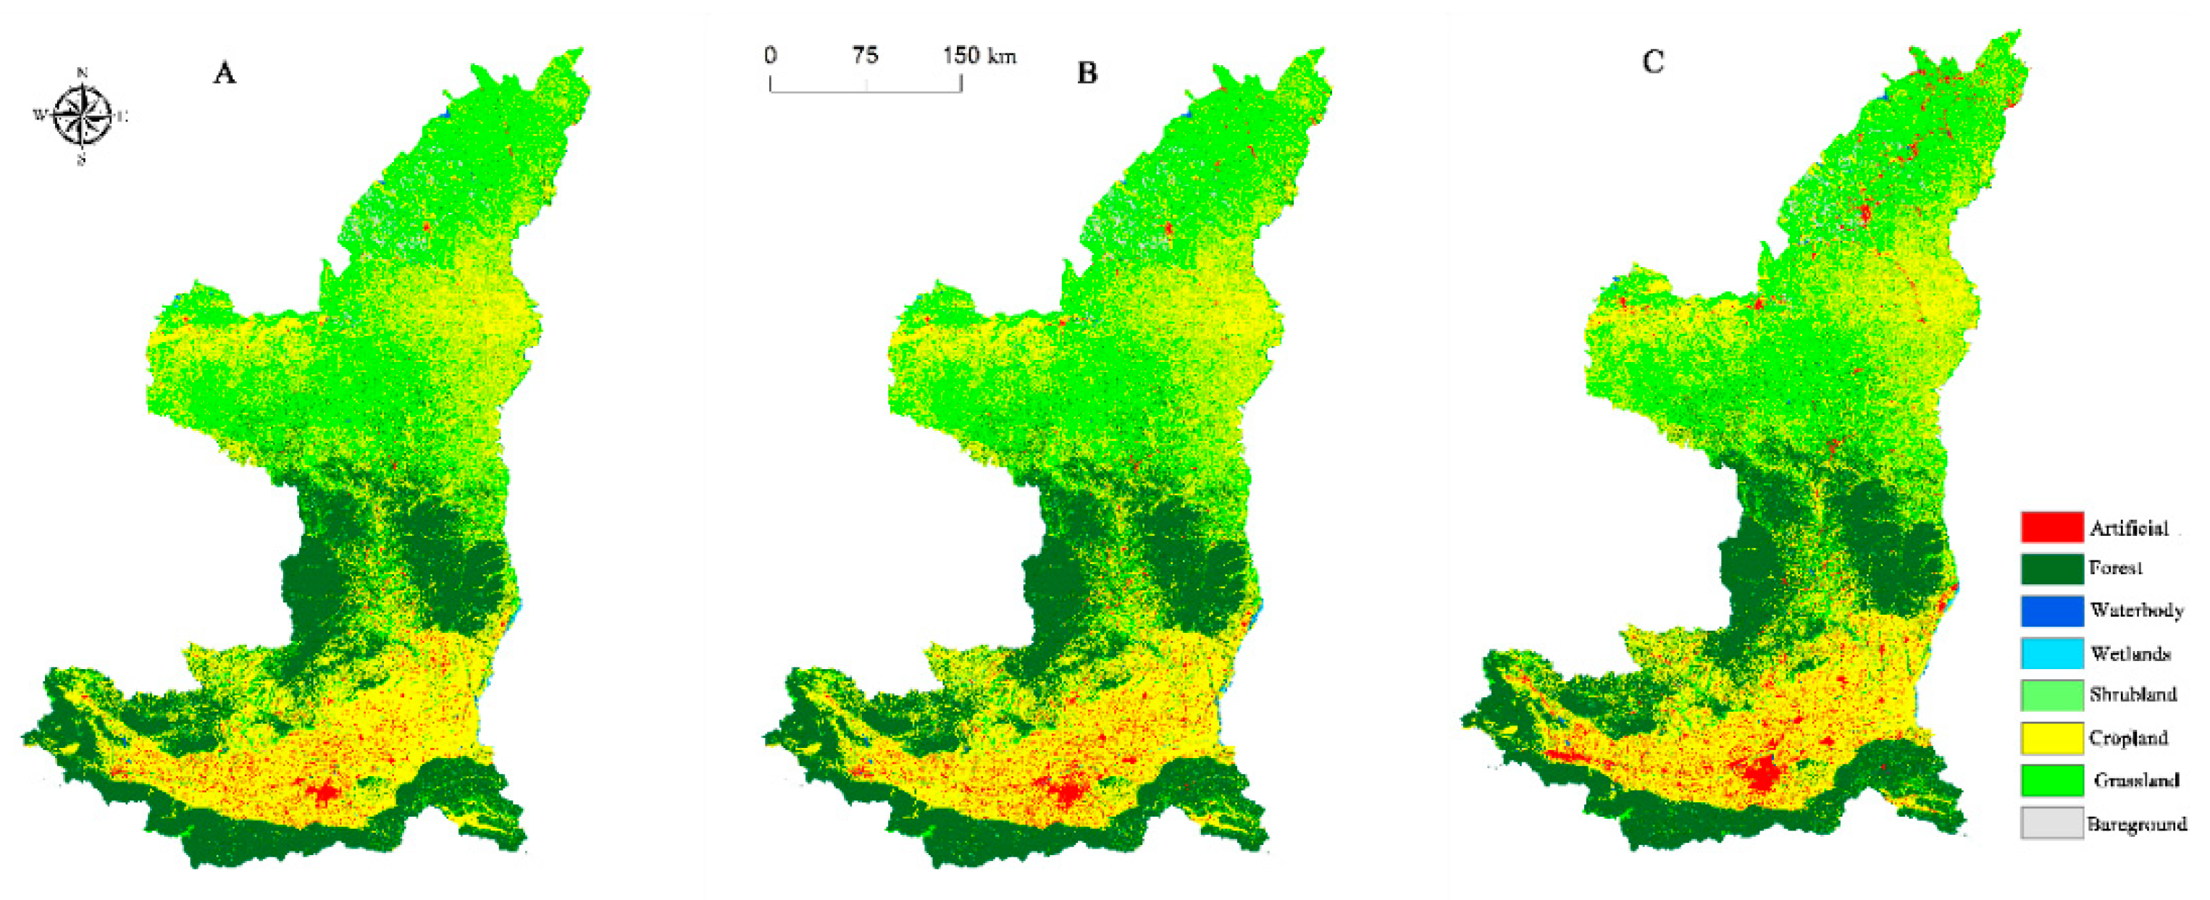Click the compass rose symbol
point(83,116)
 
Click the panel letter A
point(224,73)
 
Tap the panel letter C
point(1652,62)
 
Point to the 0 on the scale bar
point(771,56)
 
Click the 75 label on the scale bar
point(865,56)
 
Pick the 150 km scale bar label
point(979,56)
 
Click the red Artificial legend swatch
point(2051,527)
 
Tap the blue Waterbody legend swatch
point(2051,611)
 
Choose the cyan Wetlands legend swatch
point(2051,653)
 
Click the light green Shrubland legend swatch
point(2051,695)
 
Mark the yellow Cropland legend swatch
point(2051,738)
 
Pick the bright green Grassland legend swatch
point(2051,780)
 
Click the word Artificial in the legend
point(2128,528)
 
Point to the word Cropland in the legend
point(2128,738)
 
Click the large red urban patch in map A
point(325,792)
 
